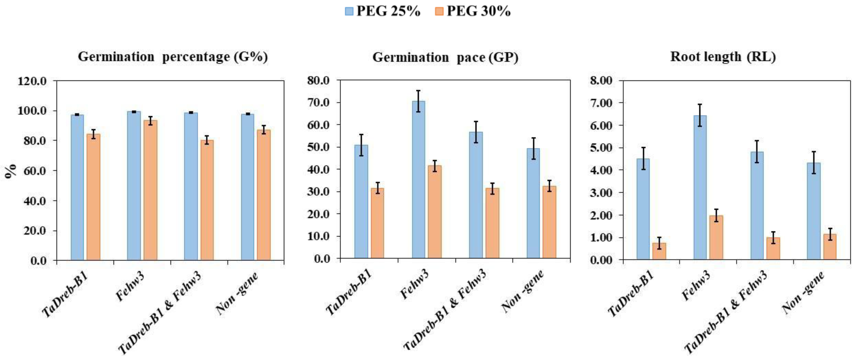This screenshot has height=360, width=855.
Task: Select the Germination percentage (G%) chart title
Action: (x=173, y=57)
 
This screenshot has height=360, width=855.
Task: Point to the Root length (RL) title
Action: (x=723, y=57)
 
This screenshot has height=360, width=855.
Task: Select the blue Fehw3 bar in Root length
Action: (x=700, y=188)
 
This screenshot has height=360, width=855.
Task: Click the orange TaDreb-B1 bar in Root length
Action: (x=659, y=251)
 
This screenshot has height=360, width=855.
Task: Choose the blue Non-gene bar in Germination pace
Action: (x=533, y=203)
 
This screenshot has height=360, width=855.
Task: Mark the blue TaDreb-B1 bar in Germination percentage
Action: (x=77, y=188)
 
